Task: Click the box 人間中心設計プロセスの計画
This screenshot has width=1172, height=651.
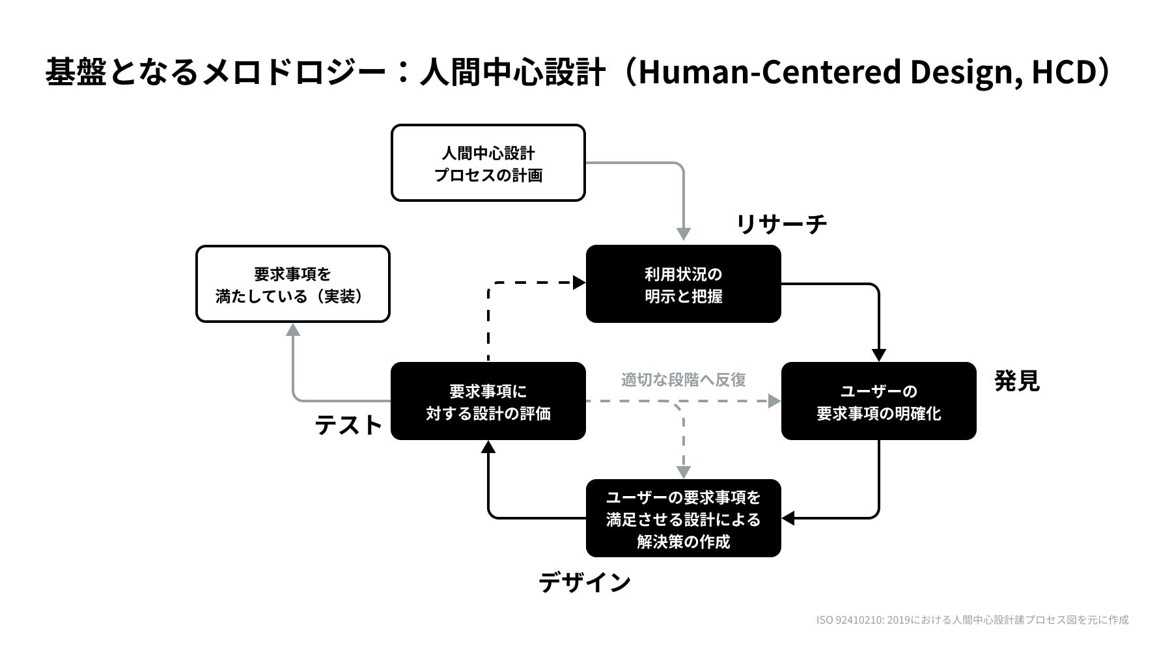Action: pyautogui.click(x=488, y=163)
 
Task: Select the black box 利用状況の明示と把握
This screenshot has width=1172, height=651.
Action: pyautogui.click(x=683, y=284)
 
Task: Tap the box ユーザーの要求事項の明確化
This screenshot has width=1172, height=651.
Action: pyautogui.click(x=878, y=401)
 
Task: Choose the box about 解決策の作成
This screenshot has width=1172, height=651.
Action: pyautogui.click(x=683, y=518)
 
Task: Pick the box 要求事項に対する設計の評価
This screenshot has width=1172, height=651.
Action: pyautogui.click(x=488, y=401)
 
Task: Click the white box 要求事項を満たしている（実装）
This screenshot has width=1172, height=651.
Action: pyautogui.click(x=292, y=284)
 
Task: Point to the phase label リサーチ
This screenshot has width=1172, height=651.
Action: pyautogui.click(x=781, y=224)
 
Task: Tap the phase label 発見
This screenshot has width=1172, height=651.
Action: pyautogui.click(x=1016, y=381)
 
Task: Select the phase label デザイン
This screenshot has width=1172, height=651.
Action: pyautogui.click(x=584, y=582)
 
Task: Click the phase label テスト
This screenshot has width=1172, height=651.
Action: pyautogui.click(x=348, y=425)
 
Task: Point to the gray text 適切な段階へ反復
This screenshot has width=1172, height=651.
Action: pyautogui.click(x=683, y=380)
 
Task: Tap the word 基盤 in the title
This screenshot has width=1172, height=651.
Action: pyautogui.click(x=76, y=72)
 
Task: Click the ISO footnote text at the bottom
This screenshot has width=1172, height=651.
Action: pyautogui.click(x=972, y=620)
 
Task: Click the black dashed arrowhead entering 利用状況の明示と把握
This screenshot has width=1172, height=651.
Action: pyautogui.click(x=579, y=283)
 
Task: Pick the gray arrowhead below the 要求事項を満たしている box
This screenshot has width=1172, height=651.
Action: pyautogui.click(x=293, y=330)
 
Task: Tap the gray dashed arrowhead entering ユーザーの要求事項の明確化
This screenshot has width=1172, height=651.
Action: pyautogui.click(x=774, y=401)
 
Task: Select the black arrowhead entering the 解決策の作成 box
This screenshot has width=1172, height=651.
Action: pyautogui.click(x=788, y=518)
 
